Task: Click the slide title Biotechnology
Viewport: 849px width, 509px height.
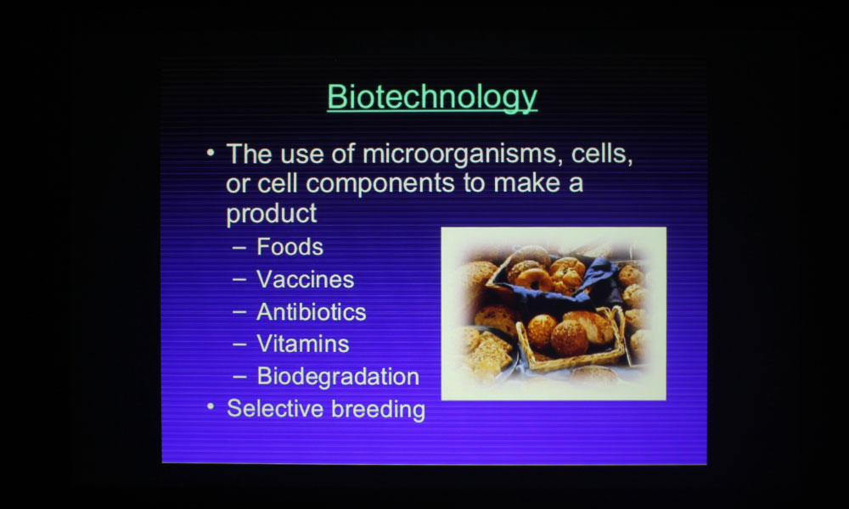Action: [x=432, y=98]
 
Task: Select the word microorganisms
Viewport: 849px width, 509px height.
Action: [x=459, y=154]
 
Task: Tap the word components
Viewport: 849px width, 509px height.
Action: [x=380, y=184]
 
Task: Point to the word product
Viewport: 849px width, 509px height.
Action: [x=272, y=214]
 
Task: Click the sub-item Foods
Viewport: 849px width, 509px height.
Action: [x=290, y=247]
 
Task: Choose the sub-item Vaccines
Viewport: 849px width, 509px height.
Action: [x=306, y=280]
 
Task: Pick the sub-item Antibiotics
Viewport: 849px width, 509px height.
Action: [x=312, y=312]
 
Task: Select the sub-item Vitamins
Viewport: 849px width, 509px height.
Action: [x=303, y=344]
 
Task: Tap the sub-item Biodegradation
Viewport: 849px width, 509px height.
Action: [x=338, y=377]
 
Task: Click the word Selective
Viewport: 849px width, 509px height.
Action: [x=276, y=408]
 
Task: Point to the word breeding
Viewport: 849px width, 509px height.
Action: [x=379, y=410]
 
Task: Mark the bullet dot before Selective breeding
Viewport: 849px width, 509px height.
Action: [x=211, y=406]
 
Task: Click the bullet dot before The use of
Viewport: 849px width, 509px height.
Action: [x=211, y=153]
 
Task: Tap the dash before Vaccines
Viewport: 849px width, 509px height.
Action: [x=239, y=280]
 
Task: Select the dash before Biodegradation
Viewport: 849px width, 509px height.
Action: [x=239, y=377]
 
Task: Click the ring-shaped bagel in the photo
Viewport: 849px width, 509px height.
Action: [x=534, y=280]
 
